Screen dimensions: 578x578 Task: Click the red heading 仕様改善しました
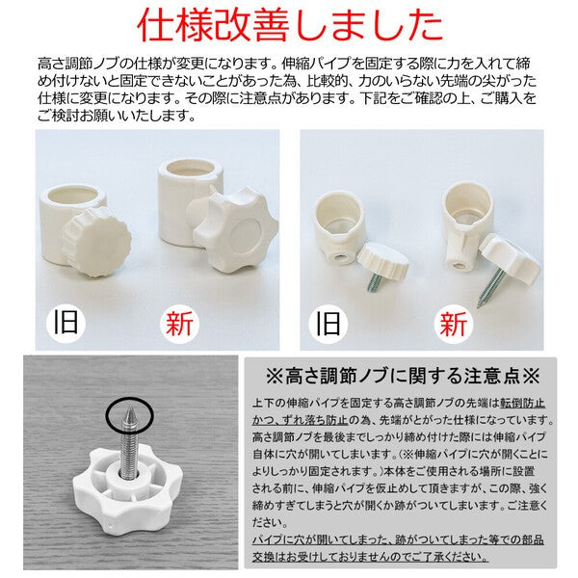288,25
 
